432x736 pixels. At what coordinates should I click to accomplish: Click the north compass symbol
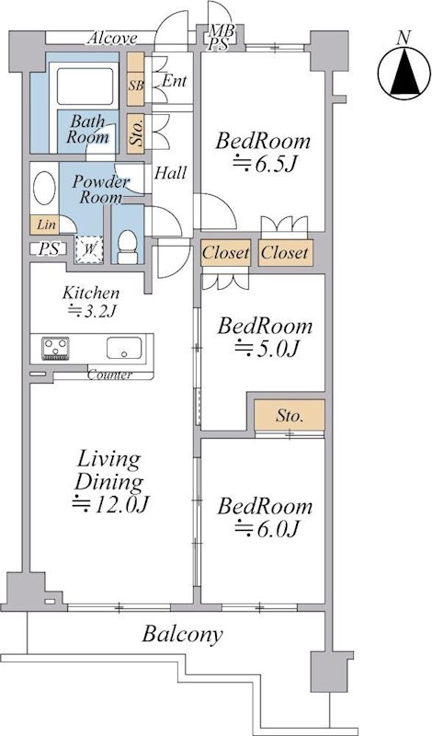pyautogui.click(x=404, y=73)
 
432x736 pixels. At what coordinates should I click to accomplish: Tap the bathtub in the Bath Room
pyautogui.click(x=85, y=86)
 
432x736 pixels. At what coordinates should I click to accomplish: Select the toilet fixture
pyautogui.click(x=128, y=247)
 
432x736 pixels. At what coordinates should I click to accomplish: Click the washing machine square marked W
pyautogui.click(x=89, y=248)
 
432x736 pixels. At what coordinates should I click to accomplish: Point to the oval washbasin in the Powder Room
pyautogui.click(x=44, y=189)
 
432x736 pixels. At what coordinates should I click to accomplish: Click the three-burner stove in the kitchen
pyautogui.click(x=55, y=349)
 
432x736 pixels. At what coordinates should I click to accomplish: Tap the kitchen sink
pyautogui.click(x=124, y=348)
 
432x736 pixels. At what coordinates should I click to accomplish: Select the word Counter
pyautogui.click(x=109, y=375)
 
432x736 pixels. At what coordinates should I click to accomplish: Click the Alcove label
pyautogui.click(x=112, y=38)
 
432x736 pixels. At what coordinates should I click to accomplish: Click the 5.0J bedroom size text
pyautogui.click(x=267, y=349)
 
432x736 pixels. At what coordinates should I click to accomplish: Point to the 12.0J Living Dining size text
pyautogui.click(x=110, y=504)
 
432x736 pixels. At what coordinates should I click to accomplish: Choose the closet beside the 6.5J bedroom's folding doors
pyautogui.click(x=285, y=253)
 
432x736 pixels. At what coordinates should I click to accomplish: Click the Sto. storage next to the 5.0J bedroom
pyautogui.click(x=290, y=415)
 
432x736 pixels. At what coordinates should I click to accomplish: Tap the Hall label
pyautogui.click(x=171, y=173)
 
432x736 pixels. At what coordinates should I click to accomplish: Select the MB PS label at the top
pyautogui.click(x=219, y=38)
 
